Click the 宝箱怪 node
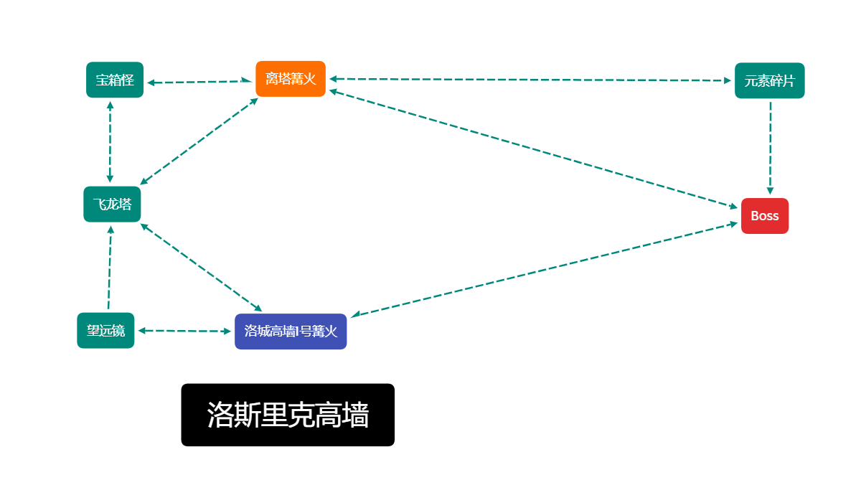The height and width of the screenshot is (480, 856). click(x=115, y=80)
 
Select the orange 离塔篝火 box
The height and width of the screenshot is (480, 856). click(x=291, y=79)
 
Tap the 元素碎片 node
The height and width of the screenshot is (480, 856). click(x=769, y=81)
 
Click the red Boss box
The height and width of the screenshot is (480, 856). click(x=764, y=216)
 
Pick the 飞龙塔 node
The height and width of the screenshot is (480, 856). click(x=112, y=204)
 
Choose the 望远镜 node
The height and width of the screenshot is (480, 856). click(x=105, y=330)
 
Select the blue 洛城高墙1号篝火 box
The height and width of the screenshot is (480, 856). click(x=291, y=331)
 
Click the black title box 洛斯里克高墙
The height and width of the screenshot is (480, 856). click(x=288, y=415)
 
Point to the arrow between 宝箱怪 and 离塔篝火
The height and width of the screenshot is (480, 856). click(x=199, y=82)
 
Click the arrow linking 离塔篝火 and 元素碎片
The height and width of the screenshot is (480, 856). click(x=530, y=80)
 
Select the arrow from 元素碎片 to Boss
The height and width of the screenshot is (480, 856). click(x=771, y=148)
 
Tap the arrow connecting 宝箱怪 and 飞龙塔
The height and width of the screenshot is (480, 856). click(x=110, y=142)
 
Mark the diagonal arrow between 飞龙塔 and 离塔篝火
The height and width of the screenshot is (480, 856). click(x=199, y=141)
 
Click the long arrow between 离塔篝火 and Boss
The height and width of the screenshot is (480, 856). click(x=533, y=149)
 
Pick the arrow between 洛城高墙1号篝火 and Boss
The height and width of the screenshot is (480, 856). click(x=545, y=269)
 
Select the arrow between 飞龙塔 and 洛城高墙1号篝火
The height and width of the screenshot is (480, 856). click(x=202, y=268)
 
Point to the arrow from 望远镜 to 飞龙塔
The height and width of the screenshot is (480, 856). click(x=110, y=268)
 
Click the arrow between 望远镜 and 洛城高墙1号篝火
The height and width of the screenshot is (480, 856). click(x=184, y=331)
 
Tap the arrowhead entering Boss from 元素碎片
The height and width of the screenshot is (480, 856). click(x=771, y=191)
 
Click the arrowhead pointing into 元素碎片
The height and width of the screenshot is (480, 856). click(x=728, y=80)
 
